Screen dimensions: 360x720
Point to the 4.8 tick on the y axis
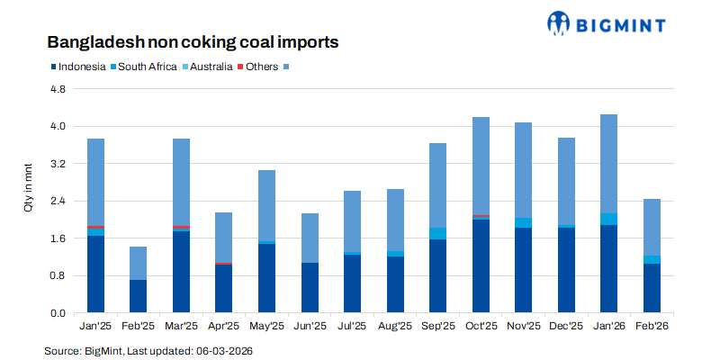click(58, 89)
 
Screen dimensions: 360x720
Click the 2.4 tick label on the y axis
click(58, 201)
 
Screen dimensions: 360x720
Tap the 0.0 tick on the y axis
click(58, 312)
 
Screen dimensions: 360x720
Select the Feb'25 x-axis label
click(138, 328)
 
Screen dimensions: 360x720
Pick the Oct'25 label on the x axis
click(481, 328)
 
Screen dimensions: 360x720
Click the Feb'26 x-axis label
click(652, 328)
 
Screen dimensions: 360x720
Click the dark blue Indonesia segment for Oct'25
click(481, 265)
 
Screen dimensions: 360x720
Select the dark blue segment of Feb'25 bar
click(138, 296)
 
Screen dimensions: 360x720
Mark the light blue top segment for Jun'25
click(310, 238)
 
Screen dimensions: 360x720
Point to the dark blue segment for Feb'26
click(652, 288)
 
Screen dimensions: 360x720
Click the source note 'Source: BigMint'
click(148, 349)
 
